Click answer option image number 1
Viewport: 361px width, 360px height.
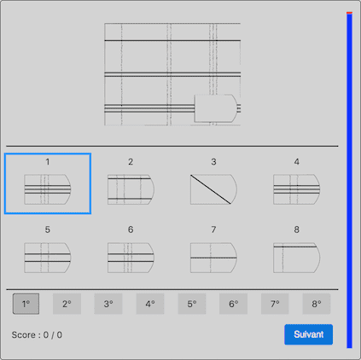coord(47,189)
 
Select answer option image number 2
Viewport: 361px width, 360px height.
coord(130,189)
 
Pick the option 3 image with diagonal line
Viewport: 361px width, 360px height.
coord(213,189)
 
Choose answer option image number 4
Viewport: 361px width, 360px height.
coord(296,189)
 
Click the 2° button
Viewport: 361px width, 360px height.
coord(67,304)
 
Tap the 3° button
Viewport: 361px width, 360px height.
coord(108,304)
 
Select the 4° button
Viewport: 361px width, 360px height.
coord(149,304)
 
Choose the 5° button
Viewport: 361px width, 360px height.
coord(191,304)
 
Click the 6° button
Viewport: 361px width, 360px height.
coord(233,304)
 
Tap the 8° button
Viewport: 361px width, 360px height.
coord(316,304)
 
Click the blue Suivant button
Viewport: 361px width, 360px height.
coord(308,334)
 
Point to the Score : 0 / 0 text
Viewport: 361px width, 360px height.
coord(37,334)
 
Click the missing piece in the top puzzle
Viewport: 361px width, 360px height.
coord(216,109)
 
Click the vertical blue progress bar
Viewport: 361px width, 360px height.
coord(349,179)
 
